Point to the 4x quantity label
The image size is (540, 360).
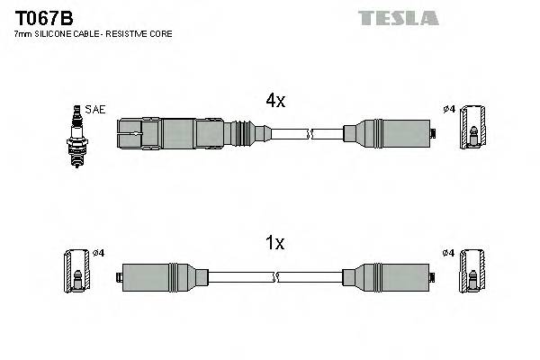pos(275,102)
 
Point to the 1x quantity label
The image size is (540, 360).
pos(275,242)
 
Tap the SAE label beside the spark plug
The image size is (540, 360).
pos(96,109)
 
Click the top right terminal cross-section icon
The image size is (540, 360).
pos(472,135)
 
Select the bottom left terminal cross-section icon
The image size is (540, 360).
pos(76,275)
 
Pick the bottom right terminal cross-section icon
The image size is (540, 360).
pos(472,275)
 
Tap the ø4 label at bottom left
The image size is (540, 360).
pos(98,252)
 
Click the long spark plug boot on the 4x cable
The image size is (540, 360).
pos(180,135)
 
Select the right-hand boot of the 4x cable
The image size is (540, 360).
pos(387,135)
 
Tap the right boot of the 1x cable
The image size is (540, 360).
pos(387,275)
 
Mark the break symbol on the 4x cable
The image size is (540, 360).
pos(310,135)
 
